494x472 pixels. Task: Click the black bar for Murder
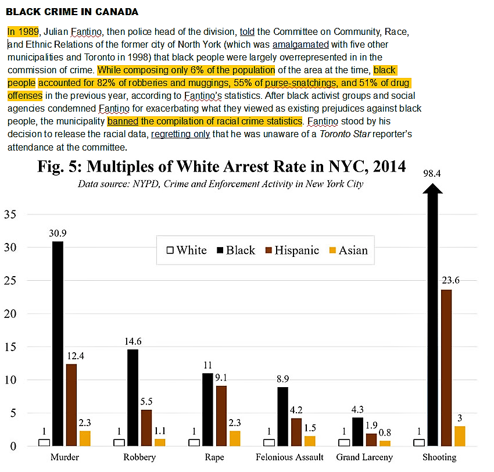tap(58, 343)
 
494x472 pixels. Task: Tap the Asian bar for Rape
tap(235, 438)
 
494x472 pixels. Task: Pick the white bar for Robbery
tap(119, 442)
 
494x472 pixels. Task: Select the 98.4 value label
tap(431, 174)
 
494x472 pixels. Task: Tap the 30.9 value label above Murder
tap(58, 234)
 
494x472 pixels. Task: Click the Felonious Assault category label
tap(290, 457)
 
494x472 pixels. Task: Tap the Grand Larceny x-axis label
tap(364, 457)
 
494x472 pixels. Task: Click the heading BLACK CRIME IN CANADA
tap(72, 12)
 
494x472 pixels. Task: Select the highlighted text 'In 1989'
tap(23, 31)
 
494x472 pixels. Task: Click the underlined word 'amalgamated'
tap(300, 44)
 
